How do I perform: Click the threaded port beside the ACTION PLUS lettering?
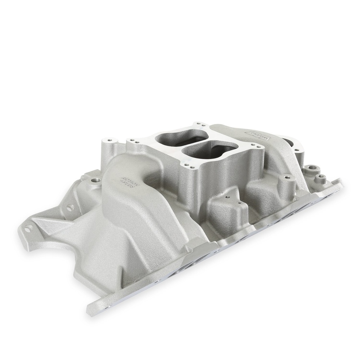click(95, 180)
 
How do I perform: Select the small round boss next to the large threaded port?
click(320, 178)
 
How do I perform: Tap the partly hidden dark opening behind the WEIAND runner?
click(289, 142)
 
